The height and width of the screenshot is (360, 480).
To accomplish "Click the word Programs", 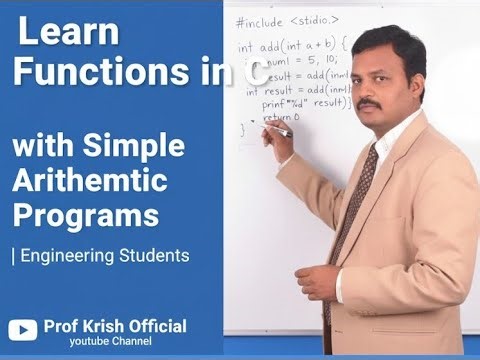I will point(85,216).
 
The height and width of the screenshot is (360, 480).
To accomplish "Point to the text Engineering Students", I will point(103,255).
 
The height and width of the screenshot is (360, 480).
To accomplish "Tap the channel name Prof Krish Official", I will point(115,326).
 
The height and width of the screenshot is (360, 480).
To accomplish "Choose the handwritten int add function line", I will point(291,46).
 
